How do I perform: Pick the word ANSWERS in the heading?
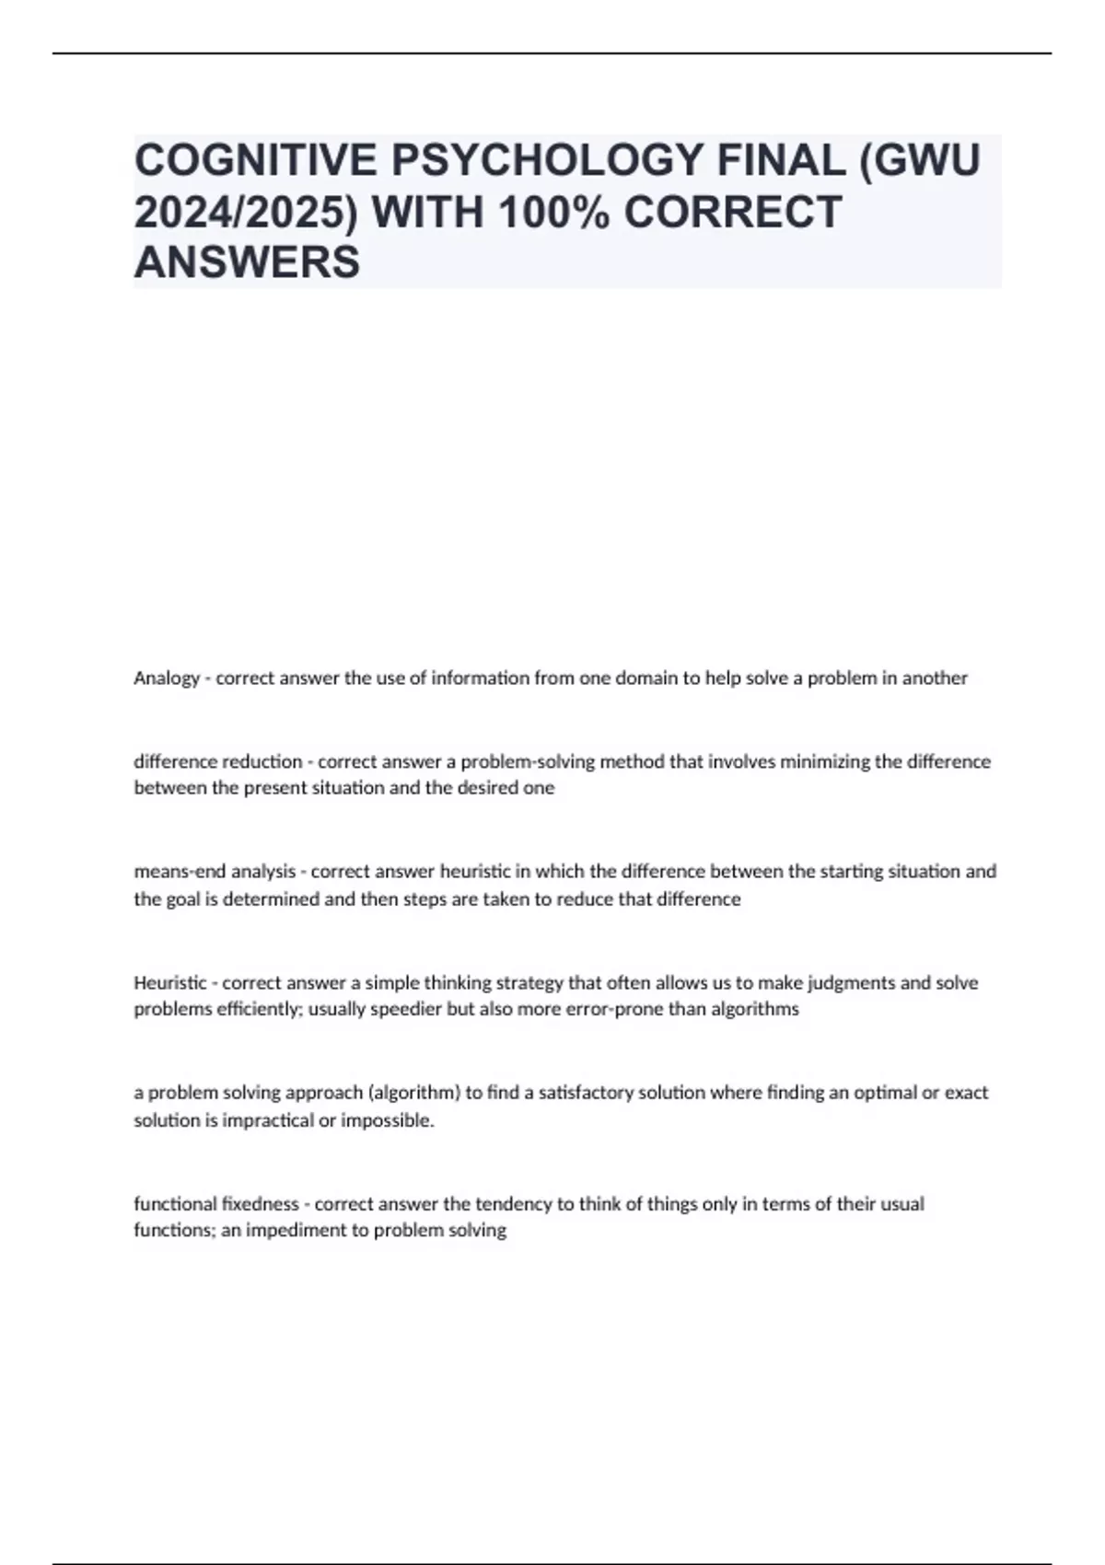point(247,263)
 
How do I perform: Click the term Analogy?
point(166,678)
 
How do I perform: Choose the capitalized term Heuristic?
point(170,982)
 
